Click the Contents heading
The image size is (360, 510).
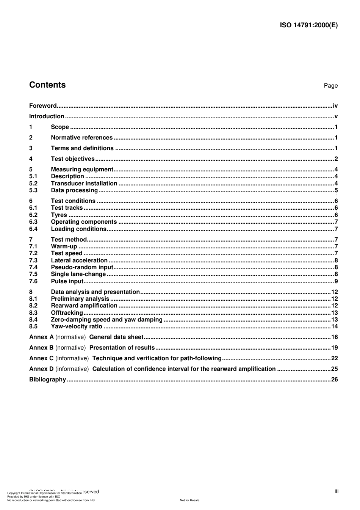point(47,85)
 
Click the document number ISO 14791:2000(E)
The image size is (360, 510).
point(308,25)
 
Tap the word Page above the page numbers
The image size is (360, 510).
point(330,86)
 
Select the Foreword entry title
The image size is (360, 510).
point(43,106)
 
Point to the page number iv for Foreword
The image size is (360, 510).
point(335,106)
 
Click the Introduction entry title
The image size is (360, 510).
point(47,116)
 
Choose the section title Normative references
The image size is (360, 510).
point(82,138)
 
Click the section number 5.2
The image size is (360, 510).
point(33,184)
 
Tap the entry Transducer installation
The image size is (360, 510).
point(84,184)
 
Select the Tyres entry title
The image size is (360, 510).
point(59,215)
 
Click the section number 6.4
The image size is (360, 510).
point(33,229)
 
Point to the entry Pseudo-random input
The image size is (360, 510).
point(82,267)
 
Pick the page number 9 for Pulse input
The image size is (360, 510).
point(336,281)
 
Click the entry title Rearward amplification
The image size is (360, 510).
point(84,306)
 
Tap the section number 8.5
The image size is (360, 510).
point(33,326)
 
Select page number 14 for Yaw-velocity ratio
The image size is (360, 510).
point(334,326)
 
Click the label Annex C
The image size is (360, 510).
point(41,358)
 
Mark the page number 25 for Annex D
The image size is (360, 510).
point(334,369)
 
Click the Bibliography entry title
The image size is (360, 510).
point(47,380)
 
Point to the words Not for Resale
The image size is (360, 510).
point(189,501)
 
